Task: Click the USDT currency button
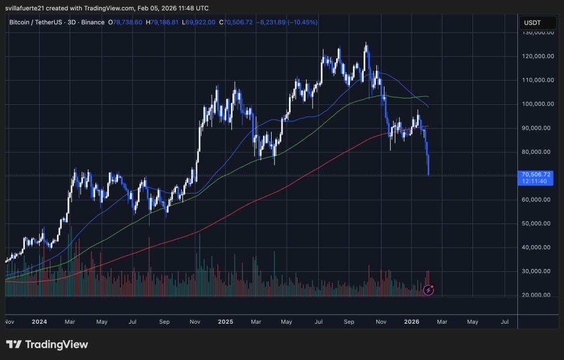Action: tap(531, 23)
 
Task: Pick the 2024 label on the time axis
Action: tap(40, 321)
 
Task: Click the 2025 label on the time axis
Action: tap(224, 321)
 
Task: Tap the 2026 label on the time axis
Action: tap(410, 321)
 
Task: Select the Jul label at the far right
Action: tap(504, 321)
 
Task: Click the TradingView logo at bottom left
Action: tap(47, 344)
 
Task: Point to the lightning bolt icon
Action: tap(428, 290)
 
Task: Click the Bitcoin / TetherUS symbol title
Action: tap(56, 22)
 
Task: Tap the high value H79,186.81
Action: tap(166, 22)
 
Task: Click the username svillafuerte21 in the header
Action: tap(26, 8)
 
